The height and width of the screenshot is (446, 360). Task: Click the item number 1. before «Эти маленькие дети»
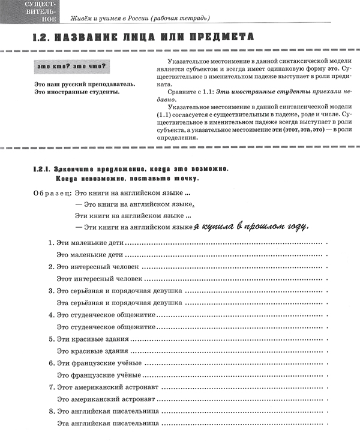pos(50,243)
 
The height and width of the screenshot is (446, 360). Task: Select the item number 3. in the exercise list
pos(50,291)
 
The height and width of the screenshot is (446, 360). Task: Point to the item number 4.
pos(50,315)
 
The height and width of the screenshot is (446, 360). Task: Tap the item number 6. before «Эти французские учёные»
pos(50,363)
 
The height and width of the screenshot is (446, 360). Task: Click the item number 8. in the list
pos(50,412)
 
